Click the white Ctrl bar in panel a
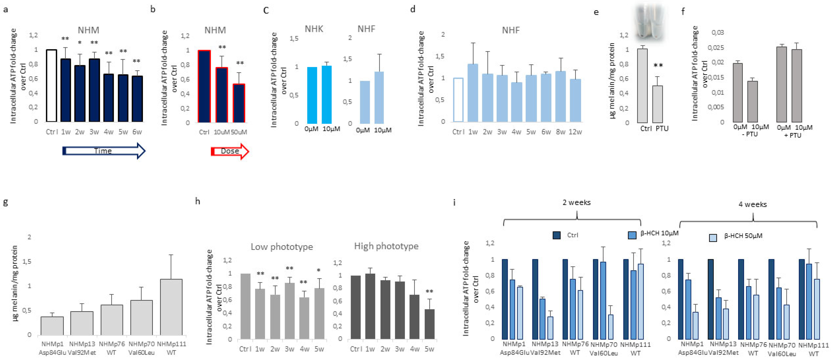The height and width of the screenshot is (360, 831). coord(52,86)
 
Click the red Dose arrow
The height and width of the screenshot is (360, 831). coord(230,151)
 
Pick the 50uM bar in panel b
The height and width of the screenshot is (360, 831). coord(239,103)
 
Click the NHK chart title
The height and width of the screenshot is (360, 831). coord(314,29)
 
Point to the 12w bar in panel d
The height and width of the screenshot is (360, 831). coord(575,100)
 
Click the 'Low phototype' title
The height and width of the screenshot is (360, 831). coord(282,247)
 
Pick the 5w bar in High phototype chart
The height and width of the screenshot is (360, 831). coord(429,324)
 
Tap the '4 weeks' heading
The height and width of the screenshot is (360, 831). coord(753,205)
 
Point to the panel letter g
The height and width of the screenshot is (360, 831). coord(5,202)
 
